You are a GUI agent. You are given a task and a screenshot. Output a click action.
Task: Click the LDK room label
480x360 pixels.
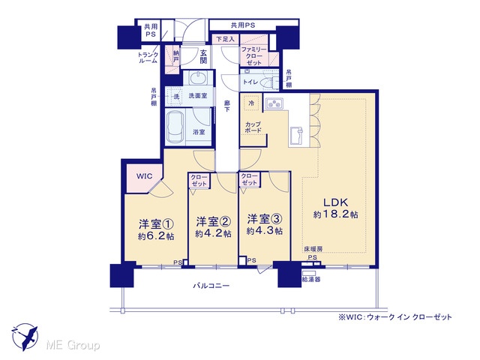pyautogui.click(x=336, y=202)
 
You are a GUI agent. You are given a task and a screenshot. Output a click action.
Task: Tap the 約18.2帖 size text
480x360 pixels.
pyautogui.click(x=335, y=214)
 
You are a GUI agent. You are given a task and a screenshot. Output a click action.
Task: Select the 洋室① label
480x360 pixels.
pyautogui.click(x=157, y=223)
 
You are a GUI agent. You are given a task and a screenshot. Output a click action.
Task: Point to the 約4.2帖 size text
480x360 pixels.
pyautogui.click(x=213, y=233)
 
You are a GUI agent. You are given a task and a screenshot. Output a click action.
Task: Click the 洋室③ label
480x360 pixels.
pyautogui.click(x=265, y=219)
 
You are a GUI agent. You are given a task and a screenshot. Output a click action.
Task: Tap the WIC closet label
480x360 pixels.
pyautogui.click(x=144, y=176)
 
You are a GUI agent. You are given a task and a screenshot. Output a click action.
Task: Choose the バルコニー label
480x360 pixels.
pyautogui.click(x=211, y=286)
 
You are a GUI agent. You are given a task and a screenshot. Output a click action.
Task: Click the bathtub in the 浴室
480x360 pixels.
pyautogui.click(x=175, y=126)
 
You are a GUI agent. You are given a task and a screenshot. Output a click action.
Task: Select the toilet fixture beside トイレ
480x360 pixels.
pyautogui.click(x=268, y=82)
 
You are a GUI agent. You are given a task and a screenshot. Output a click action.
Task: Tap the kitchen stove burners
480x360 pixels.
pyautogui.click(x=274, y=103)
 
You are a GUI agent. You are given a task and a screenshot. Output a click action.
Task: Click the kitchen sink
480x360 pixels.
pyautogui.click(x=296, y=135)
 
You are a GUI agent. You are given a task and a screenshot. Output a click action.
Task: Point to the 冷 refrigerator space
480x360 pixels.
pyautogui.click(x=251, y=103)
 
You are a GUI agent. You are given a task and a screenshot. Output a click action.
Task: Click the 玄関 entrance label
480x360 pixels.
pyautogui.click(x=203, y=57)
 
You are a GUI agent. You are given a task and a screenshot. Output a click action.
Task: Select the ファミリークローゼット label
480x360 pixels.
pyautogui.click(x=253, y=56)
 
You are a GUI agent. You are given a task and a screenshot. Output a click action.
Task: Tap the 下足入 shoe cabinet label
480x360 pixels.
pyautogui.click(x=225, y=39)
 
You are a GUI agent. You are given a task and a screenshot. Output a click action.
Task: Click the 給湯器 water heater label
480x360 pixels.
pyautogui.click(x=311, y=280)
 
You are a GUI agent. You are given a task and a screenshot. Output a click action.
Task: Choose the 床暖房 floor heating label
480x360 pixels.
pyautogui.click(x=313, y=249)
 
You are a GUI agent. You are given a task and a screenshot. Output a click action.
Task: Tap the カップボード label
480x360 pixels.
pyautogui.click(x=253, y=127)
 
